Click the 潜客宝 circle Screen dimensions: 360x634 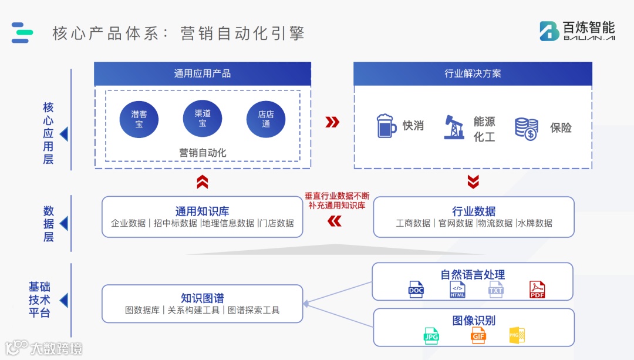coord(139,119)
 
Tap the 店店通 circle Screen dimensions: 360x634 coord(266,119)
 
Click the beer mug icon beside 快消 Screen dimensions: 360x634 coord(386,126)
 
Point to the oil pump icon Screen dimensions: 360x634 coord(454,127)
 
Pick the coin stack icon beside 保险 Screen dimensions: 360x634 coord(526,129)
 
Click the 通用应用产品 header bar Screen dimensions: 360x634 coord(203,74)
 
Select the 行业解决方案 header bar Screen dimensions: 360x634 coord(473,74)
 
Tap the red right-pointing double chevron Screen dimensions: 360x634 coord(332,122)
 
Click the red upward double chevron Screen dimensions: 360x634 coord(203,182)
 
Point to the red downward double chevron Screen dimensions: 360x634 coord(473,182)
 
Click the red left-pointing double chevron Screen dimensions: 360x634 coord(334,221)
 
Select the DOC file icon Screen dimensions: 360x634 coord(416,290)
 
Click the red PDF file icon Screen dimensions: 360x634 coord(537,290)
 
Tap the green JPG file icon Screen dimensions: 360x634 coord(431,335)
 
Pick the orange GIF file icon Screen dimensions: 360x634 coord(478,335)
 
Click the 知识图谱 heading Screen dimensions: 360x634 coord(203,298)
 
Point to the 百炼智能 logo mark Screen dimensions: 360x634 coord(549,31)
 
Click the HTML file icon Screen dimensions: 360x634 coord(458,290)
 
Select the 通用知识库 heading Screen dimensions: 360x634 coord(203,211)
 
